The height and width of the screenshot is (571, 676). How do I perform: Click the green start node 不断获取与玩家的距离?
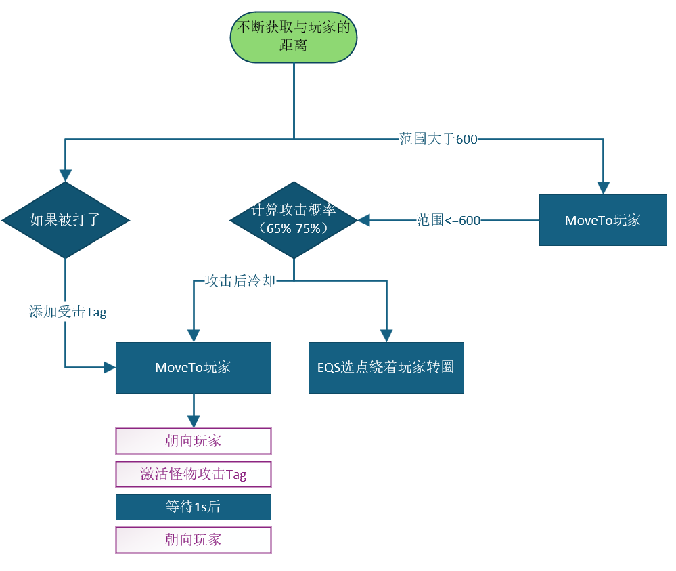[x=293, y=37]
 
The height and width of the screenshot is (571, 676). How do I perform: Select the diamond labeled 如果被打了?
[x=65, y=220]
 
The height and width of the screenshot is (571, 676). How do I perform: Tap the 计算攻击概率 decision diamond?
[x=293, y=220]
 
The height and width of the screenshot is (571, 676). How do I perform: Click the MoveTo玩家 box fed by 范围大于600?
[x=602, y=220]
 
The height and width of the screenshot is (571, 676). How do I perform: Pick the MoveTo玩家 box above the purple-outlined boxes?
[x=193, y=368]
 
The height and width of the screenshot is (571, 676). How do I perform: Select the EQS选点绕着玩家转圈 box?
[x=386, y=368]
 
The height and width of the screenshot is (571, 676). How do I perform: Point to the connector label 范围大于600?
[x=438, y=140]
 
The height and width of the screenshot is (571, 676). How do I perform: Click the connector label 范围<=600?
[x=448, y=220]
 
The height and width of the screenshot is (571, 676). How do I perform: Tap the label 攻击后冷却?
[x=240, y=280]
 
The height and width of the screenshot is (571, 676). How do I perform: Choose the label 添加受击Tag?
[x=68, y=312]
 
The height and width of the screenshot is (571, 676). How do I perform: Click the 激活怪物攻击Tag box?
[x=193, y=474]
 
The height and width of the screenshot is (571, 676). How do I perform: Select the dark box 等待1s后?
[x=193, y=507]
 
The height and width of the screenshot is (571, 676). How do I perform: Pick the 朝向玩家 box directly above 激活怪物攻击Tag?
[x=193, y=441]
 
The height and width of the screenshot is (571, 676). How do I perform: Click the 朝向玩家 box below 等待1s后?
[x=193, y=540]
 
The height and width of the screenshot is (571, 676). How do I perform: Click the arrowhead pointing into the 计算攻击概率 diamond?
[x=364, y=220]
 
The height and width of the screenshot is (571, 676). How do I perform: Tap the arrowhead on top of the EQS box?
[x=386, y=335]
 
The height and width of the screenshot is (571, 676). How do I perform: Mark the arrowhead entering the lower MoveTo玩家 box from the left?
[x=109, y=368]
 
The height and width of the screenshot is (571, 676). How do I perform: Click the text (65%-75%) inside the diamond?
[x=293, y=229]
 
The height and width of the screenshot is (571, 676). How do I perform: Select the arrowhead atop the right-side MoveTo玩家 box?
[x=602, y=188]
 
